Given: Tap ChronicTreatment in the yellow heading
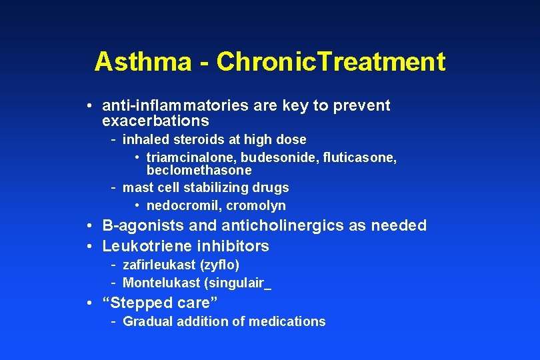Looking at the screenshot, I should [331, 62].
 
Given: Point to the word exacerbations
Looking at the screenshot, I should [155, 121].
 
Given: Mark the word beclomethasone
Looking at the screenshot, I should [199, 171].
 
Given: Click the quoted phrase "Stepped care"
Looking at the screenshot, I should [160, 303].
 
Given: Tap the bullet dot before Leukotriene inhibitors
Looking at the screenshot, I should [89, 247].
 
